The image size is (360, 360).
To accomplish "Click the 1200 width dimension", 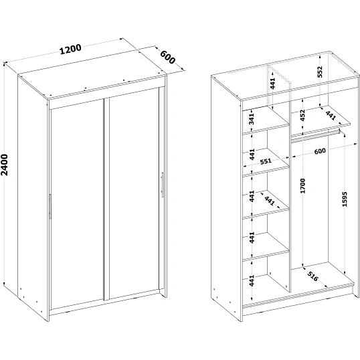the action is click(70, 50).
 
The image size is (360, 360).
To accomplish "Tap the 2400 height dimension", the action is click(5, 165).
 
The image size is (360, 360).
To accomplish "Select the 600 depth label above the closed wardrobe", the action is click(167, 57).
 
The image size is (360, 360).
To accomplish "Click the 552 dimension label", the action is click(320, 72).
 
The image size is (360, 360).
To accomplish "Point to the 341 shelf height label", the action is click(252, 118).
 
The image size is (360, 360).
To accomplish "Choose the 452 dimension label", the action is click(302, 115).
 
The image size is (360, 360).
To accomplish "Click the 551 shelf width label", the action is click(266, 161).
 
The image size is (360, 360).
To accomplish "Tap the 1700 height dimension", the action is click(303, 186).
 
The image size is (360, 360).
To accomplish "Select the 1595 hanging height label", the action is click(345, 199).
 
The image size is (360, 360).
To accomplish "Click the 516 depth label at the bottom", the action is click(312, 276).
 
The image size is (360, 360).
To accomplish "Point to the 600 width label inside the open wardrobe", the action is click(320, 151).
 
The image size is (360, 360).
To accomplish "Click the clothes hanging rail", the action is click(315, 137).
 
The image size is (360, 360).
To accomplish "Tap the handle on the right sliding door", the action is click(163, 185).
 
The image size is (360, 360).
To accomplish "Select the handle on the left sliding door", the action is click(50, 206).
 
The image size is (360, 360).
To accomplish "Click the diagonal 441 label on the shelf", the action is click(269, 201).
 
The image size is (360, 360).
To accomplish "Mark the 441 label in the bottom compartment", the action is click(252, 280).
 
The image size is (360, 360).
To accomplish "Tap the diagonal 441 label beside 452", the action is click(331, 116).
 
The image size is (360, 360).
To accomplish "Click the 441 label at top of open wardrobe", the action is click(272, 83).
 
